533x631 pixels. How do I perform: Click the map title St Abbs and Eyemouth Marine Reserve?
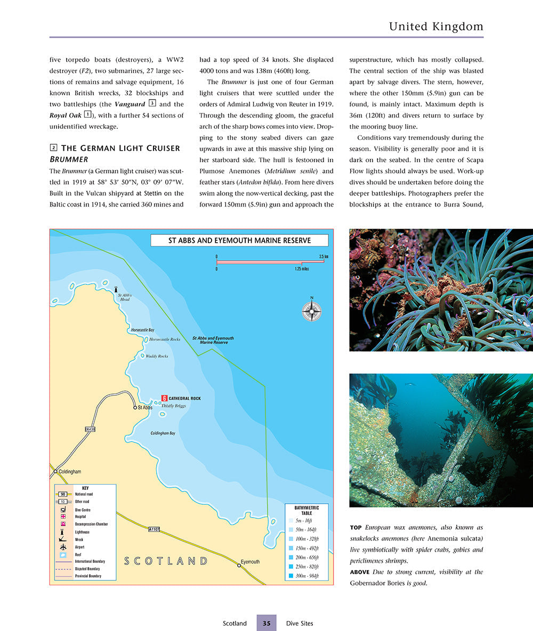tap(239, 241)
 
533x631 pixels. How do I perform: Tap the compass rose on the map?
tap(312, 311)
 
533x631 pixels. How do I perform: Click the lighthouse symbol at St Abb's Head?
tap(116, 289)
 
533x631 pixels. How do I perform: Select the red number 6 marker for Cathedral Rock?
tap(164, 398)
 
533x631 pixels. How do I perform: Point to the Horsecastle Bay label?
tap(142, 330)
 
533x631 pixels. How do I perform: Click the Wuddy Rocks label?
tap(157, 356)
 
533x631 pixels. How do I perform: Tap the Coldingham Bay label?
tap(163, 433)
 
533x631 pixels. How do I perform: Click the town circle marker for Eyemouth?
tap(239, 566)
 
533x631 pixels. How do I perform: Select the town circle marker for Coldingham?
tap(55, 471)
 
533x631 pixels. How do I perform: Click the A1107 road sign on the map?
tap(154, 529)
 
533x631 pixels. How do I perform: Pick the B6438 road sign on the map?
tap(90, 429)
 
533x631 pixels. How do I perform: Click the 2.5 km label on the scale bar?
tap(323, 257)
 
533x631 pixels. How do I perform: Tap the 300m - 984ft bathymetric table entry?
tap(306, 576)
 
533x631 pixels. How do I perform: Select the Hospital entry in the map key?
tap(80, 517)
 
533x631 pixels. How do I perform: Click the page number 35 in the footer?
tap(266, 623)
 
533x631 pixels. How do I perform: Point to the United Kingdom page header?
tap(436, 26)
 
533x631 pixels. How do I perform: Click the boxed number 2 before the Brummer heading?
tap(53, 147)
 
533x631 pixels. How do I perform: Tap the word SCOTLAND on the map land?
tap(166, 561)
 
